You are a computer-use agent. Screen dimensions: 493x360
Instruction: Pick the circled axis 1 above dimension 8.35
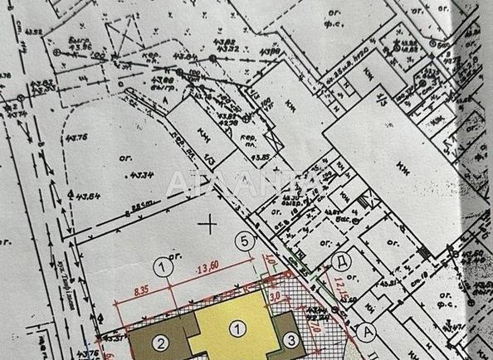click(x=164, y=266)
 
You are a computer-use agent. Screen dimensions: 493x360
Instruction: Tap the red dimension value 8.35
click(x=138, y=291)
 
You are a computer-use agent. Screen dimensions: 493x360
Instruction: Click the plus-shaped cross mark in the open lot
click(x=212, y=222)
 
